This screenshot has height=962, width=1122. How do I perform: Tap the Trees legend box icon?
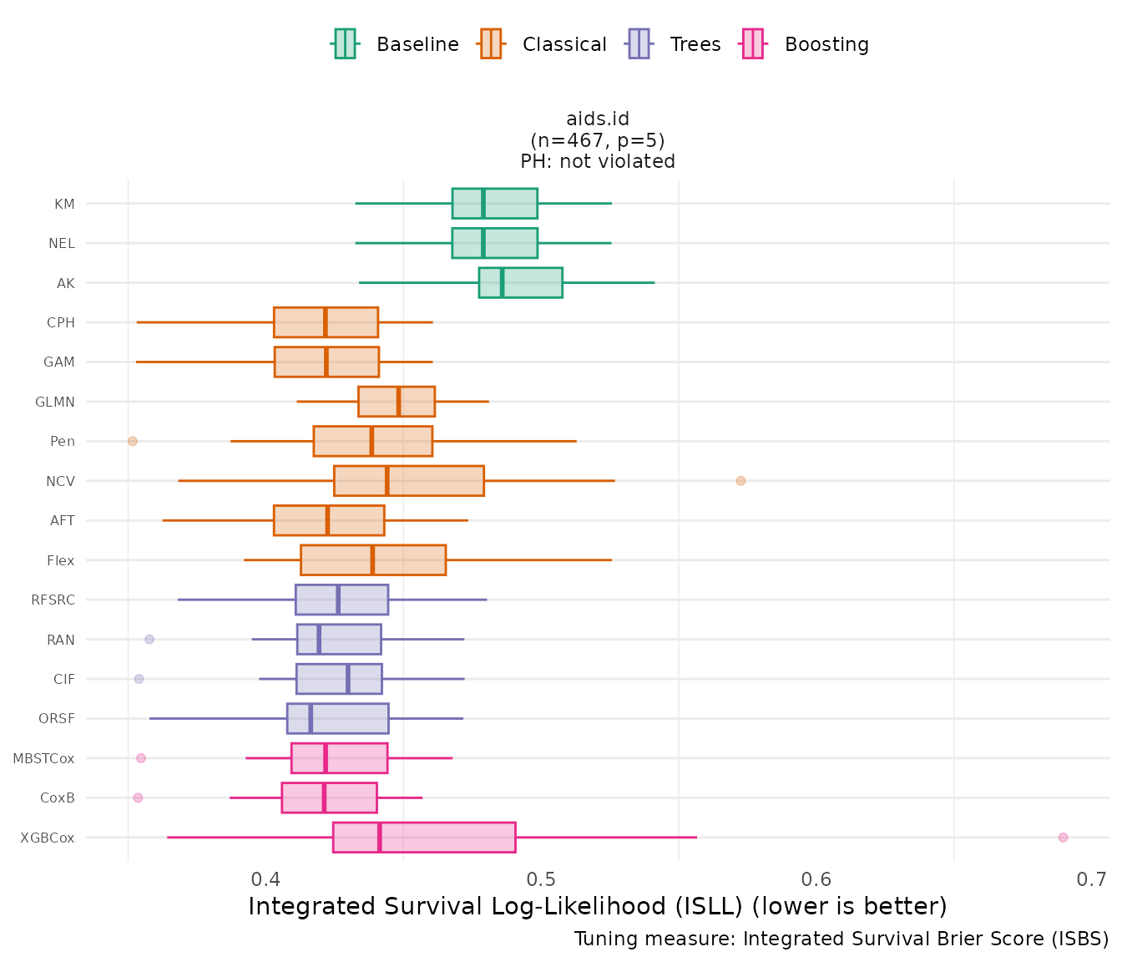coord(639,43)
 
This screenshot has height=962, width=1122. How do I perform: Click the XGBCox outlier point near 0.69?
coord(1063,837)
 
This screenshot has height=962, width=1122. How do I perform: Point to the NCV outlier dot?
coord(740,480)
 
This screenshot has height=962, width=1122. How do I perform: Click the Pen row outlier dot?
coord(133,441)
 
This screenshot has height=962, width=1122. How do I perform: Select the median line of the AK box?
coord(502,282)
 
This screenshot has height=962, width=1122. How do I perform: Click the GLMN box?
coord(397,402)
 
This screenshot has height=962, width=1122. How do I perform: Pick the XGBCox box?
coord(424,837)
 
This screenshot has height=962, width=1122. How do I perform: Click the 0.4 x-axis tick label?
coord(266,879)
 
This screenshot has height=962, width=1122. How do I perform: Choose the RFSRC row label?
coord(53,600)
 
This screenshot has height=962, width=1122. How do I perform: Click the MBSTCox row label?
coord(43,758)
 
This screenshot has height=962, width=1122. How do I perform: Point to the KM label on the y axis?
coord(64,204)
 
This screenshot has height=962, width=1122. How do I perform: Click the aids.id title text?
coord(598,119)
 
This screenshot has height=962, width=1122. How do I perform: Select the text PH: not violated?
coord(598,161)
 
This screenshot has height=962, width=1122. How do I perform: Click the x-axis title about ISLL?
coord(598,906)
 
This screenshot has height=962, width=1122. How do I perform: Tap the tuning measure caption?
coord(841,939)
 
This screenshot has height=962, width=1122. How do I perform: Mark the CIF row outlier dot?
coord(139,679)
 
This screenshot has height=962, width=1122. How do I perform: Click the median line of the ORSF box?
coord(311,718)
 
